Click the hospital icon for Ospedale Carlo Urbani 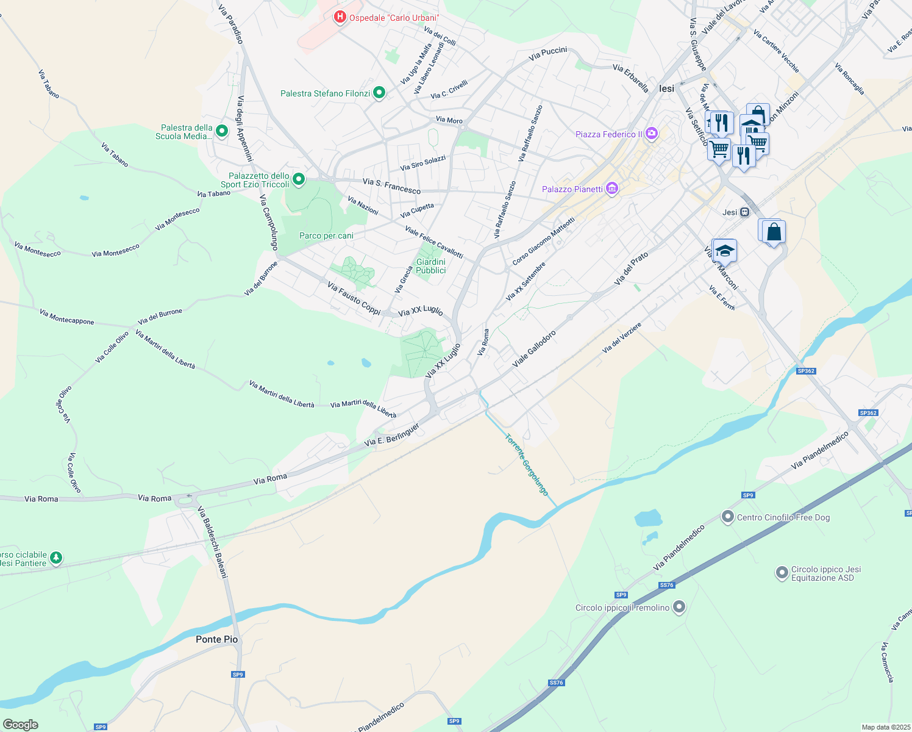coord(340,18)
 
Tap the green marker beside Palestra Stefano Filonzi coord(379,93)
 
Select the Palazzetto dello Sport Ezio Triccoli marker coord(299,179)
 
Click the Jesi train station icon coord(744,212)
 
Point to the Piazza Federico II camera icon coord(652,134)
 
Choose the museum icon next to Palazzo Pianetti coord(612,189)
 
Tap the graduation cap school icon coord(725,251)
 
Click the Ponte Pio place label coord(216,639)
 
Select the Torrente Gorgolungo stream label coord(527,465)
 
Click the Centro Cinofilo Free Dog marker coord(727,517)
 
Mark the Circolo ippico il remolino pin coord(679,607)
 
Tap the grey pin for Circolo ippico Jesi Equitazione coord(782,573)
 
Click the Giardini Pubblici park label coord(431,266)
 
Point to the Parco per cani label coord(326,235)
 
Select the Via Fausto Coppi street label coord(354,298)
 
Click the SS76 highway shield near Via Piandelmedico coord(666,585)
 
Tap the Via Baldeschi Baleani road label coord(213,543)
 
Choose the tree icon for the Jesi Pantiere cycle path coord(56,558)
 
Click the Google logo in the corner coord(20,725)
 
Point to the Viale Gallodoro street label coord(534,349)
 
